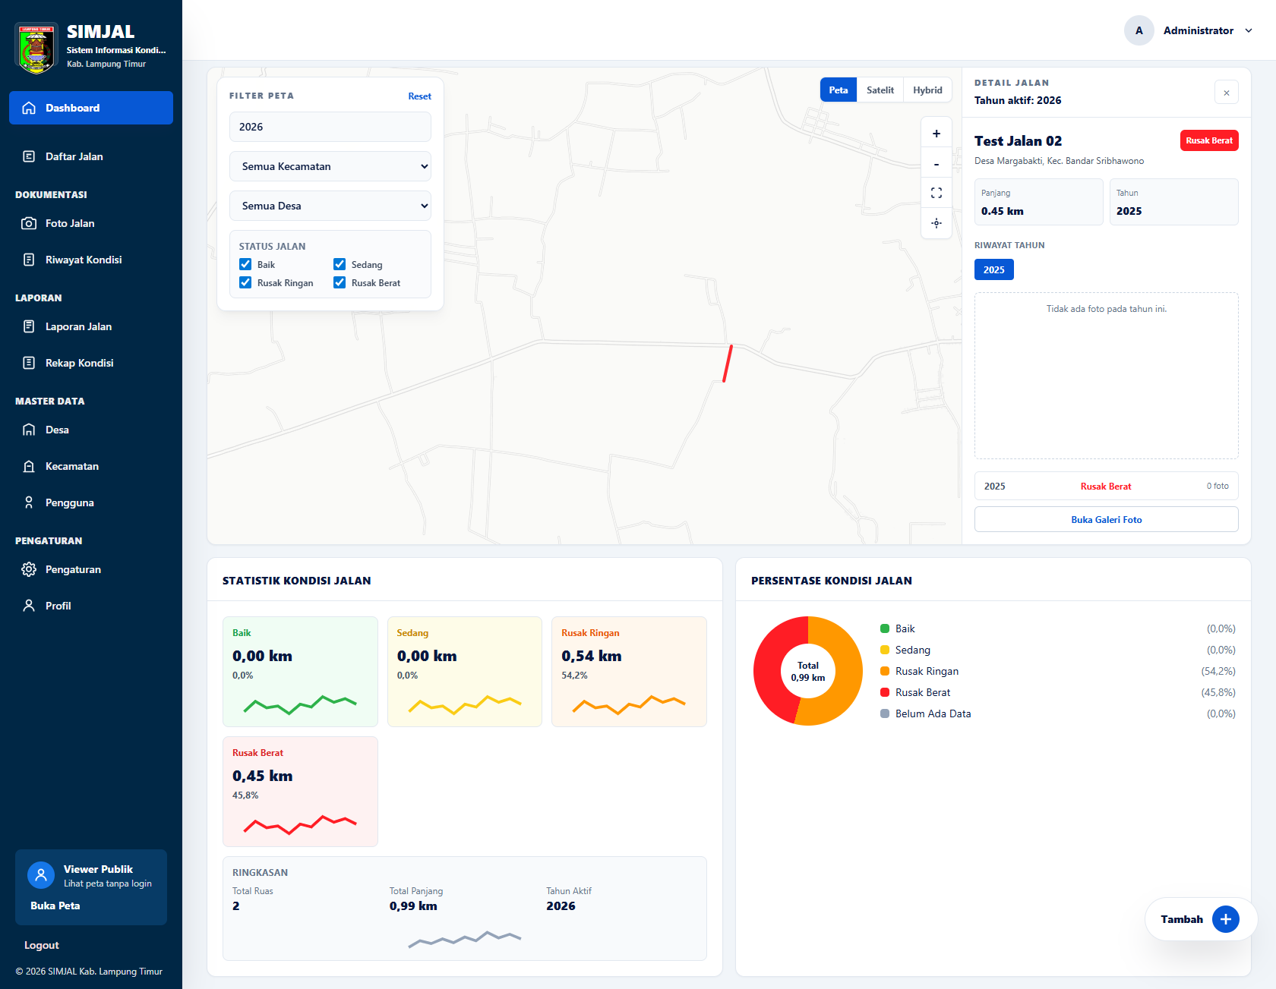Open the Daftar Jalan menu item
(74, 156)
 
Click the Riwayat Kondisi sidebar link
(83, 260)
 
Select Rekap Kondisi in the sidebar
(79, 363)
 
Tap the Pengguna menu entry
(69, 502)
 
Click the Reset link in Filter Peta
(419, 96)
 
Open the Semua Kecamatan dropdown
(330, 166)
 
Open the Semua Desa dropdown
(330, 206)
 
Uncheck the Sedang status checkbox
(340, 264)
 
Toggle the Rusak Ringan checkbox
(245, 282)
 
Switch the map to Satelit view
(880, 90)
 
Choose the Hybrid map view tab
(927, 90)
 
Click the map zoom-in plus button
(936, 134)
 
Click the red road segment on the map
(728, 364)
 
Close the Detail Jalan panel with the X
(1227, 93)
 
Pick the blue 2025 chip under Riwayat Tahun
(994, 269)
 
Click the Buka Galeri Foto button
(1107, 519)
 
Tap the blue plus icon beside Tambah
(1226, 919)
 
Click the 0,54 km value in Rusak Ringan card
(592, 656)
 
